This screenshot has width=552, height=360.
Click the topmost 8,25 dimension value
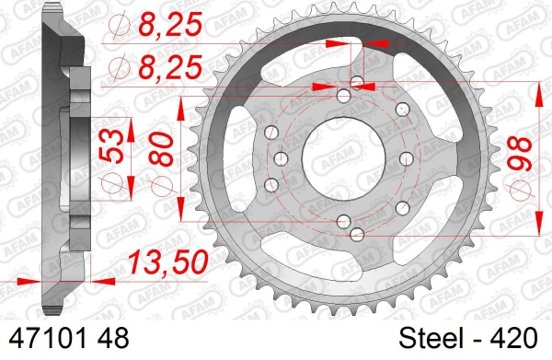pyautogui.click(x=170, y=24)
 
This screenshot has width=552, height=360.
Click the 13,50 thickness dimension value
pyautogui.click(x=168, y=262)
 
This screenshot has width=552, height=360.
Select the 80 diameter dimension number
pyautogui.click(x=162, y=149)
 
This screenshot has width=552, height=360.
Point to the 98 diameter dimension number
pyautogui.click(x=519, y=154)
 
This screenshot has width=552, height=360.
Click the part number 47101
pyautogui.click(x=48, y=339)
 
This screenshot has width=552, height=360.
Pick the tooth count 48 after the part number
pyautogui.click(x=113, y=339)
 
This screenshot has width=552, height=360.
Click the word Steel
pyautogui.click(x=431, y=339)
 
